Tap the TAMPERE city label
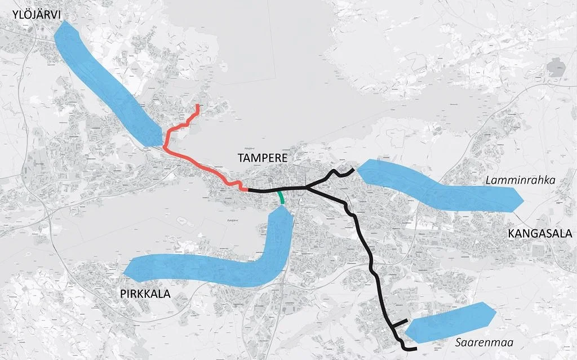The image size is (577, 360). pos(262,158)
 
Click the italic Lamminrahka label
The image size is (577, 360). pos(520,181)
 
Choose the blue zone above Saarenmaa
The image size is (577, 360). pos(451,322)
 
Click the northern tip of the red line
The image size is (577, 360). pos(197,105)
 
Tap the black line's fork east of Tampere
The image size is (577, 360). pos(306,186)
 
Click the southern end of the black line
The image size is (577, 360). pos(415,350)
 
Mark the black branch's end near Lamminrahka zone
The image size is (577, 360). pos(352,169)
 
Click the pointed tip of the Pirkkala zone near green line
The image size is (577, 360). pos(281,207)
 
